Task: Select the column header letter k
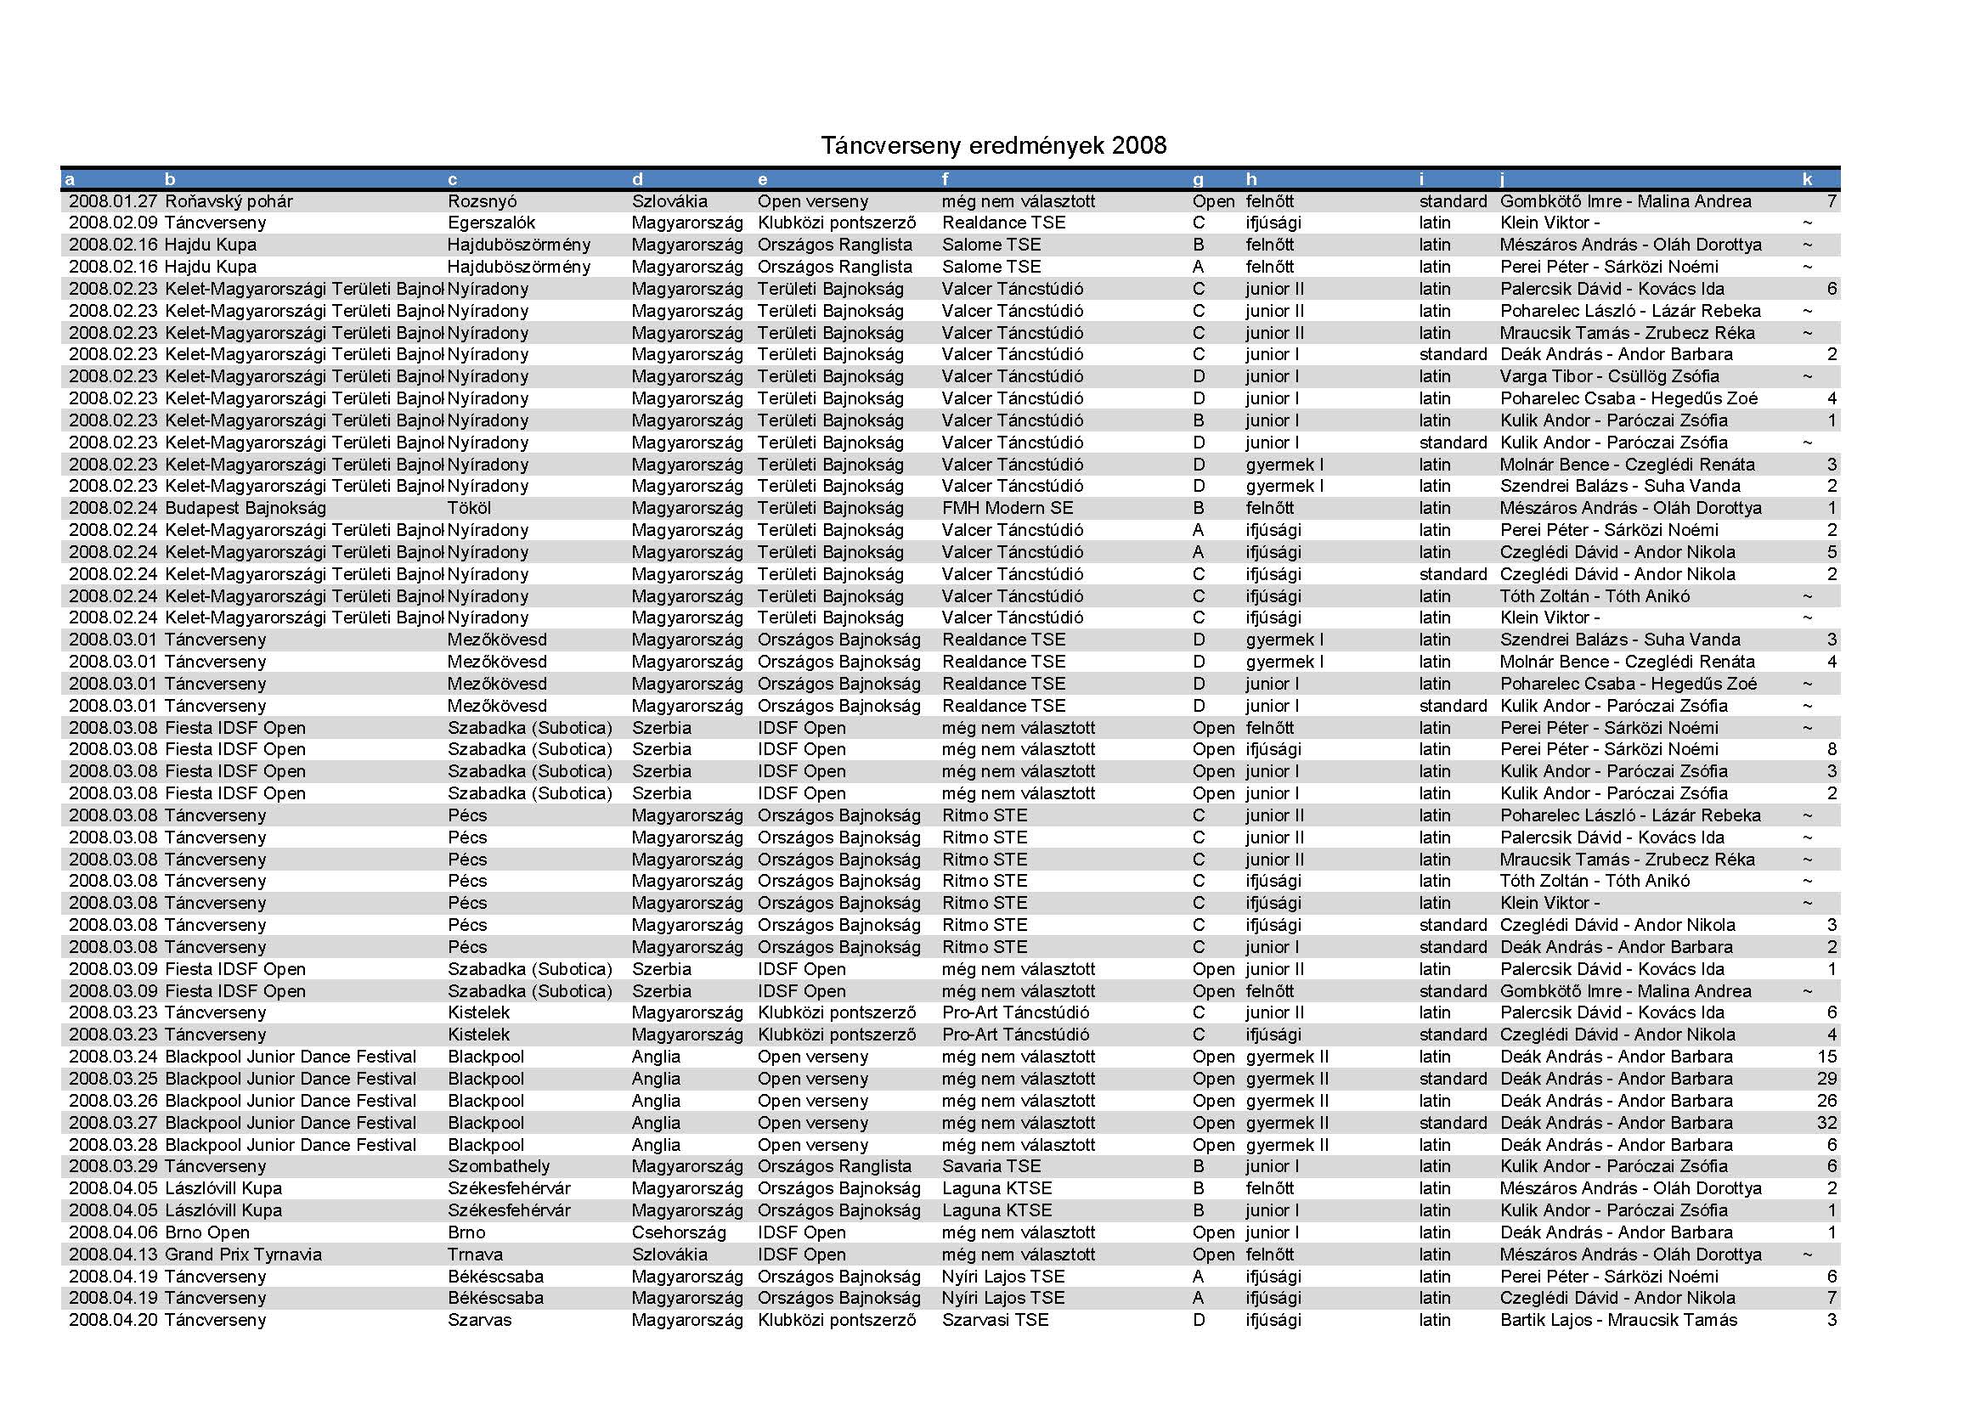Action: point(1807,180)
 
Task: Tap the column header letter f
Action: point(945,180)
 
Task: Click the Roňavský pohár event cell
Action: point(229,201)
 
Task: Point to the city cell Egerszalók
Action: point(491,223)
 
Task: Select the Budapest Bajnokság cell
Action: point(245,508)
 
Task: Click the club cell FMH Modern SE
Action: point(1007,508)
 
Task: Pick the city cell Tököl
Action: point(469,508)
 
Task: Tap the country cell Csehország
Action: point(678,1232)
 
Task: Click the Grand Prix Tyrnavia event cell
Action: point(242,1255)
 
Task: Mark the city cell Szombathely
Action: point(499,1166)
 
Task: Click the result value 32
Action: point(1826,1123)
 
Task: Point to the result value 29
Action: point(1826,1079)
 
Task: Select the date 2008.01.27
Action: point(112,201)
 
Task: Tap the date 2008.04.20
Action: point(112,1320)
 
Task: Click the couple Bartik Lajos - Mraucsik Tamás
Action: point(1618,1320)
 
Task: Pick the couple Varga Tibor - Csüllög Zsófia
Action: point(1609,376)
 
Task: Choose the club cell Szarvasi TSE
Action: point(995,1320)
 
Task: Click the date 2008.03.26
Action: point(112,1102)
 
